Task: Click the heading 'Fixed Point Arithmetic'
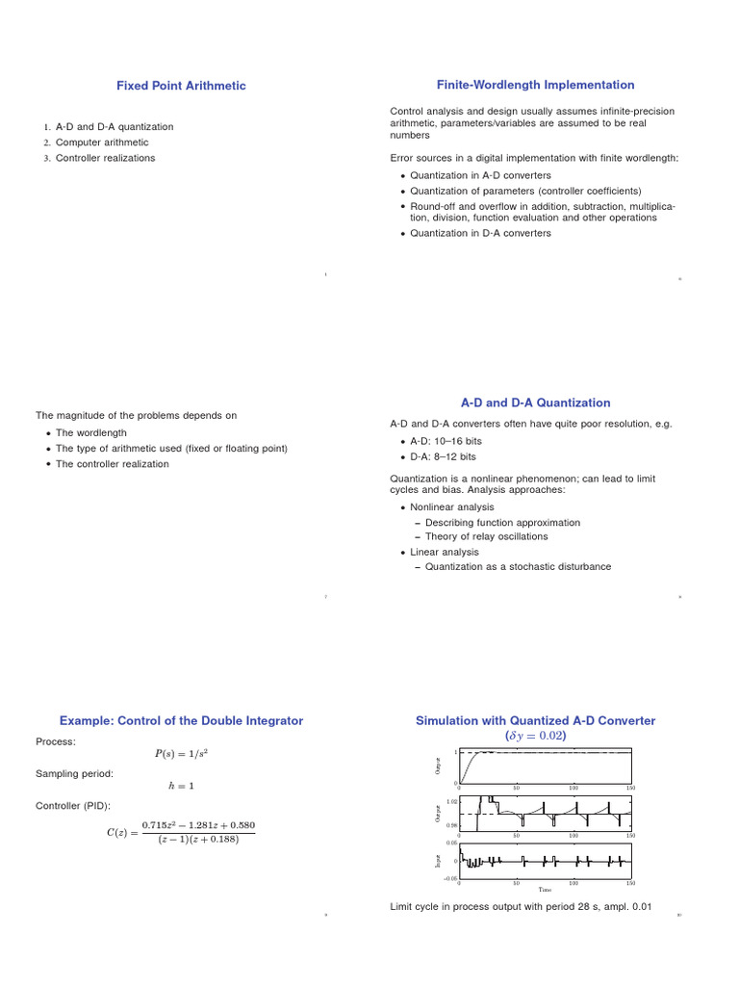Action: click(181, 86)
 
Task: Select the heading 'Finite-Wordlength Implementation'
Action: click(535, 85)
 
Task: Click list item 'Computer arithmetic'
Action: click(102, 143)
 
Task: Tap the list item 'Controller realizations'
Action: click(105, 158)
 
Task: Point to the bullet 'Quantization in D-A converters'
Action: click(480, 233)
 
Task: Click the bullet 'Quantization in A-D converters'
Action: click(480, 175)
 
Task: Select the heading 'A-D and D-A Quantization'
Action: click(535, 402)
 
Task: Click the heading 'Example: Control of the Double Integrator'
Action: click(181, 720)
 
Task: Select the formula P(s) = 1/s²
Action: click(181, 754)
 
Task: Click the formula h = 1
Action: click(181, 786)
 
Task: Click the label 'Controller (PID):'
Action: click(73, 805)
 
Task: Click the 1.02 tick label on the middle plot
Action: click(452, 801)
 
